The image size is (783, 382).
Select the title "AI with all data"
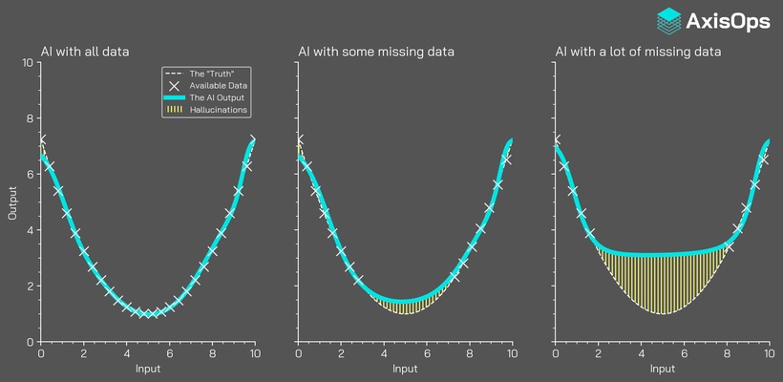click(x=85, y=51)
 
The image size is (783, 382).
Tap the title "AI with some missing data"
click(x=376, y=51)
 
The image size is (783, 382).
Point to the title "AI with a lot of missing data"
click(x=638, y=51)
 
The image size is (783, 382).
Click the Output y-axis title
click(x=13, y=202)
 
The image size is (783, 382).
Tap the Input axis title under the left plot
click(x=148, y=369)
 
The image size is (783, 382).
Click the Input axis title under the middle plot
click(x=406, y=369)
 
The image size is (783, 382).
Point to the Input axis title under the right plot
click(x=663, y=369)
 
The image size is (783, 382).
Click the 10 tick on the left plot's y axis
click(x=28, y=63)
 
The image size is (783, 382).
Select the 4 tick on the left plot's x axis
click(x=126, y=354)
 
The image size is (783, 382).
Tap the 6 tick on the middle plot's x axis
click(x=427, y=354)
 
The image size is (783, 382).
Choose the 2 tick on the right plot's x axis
click(x=599, y=354)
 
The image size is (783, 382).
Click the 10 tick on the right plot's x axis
click(x=770, y=354)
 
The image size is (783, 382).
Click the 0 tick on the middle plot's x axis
click(x=299, y=354)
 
